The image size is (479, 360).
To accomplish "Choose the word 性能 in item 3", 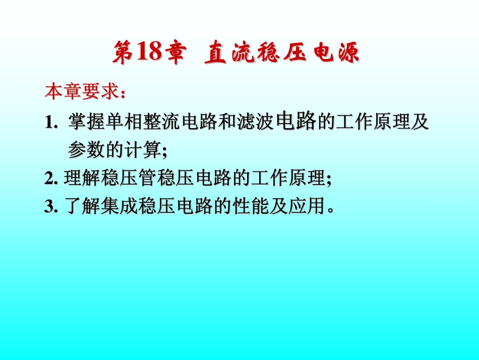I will pos(251,207).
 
